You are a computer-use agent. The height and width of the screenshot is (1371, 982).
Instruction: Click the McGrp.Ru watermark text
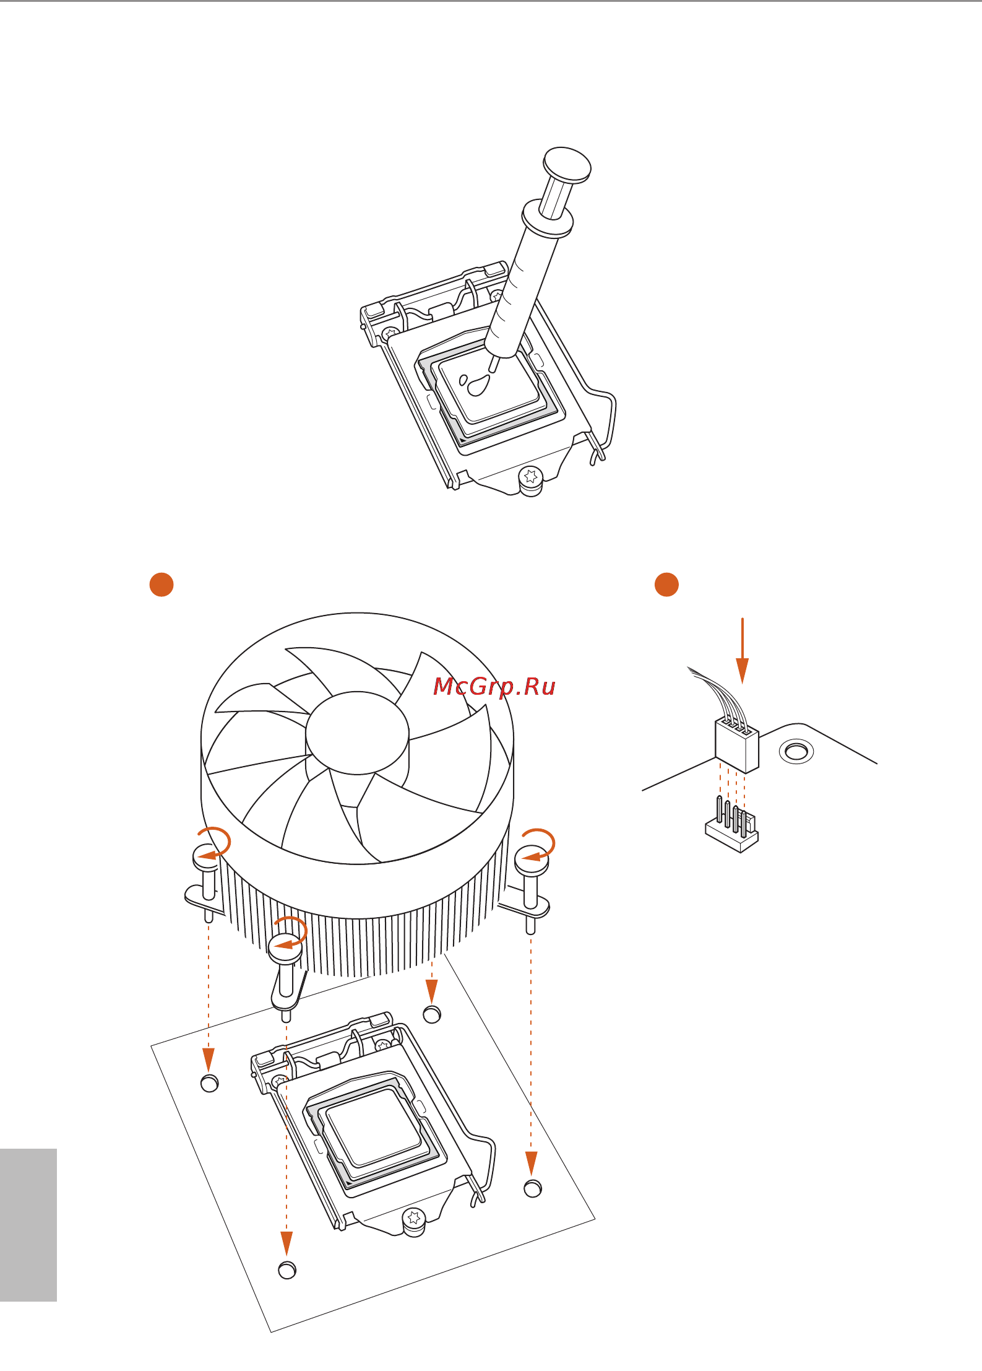pyautogui.click(x=494, y=687)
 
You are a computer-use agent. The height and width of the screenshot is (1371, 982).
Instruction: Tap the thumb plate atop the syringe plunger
pyautogui.click(x=567, y=165)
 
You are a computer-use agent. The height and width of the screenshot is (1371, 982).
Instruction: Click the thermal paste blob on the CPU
pyautogui.click(x=478, y=386)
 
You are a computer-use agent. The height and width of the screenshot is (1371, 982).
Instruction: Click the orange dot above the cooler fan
pyautogui.click(x=162, y=585)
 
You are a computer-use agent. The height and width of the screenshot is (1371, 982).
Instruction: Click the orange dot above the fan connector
pyautogui.click(x=666, y=585)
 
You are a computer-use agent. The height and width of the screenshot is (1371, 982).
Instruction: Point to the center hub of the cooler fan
pyautogui.click(x=357, y=733)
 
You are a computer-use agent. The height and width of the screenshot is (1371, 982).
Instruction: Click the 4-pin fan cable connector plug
pyautogui.click(x=737, y=746)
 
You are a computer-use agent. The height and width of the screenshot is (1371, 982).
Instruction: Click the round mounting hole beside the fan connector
pyautogui.click(x=796, y=752)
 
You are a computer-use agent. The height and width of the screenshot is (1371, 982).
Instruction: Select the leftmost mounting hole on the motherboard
pyautogui.click(x=210, y=1083)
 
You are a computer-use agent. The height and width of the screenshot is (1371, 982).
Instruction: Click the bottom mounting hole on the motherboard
pyautogui.click(x=287, y=1270)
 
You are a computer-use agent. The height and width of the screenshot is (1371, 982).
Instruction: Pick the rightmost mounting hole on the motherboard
pyautogui.click(x=533, y=1188)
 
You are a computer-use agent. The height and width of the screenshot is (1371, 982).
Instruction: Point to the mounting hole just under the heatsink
pyautogui.click(x=432, y=1014)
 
